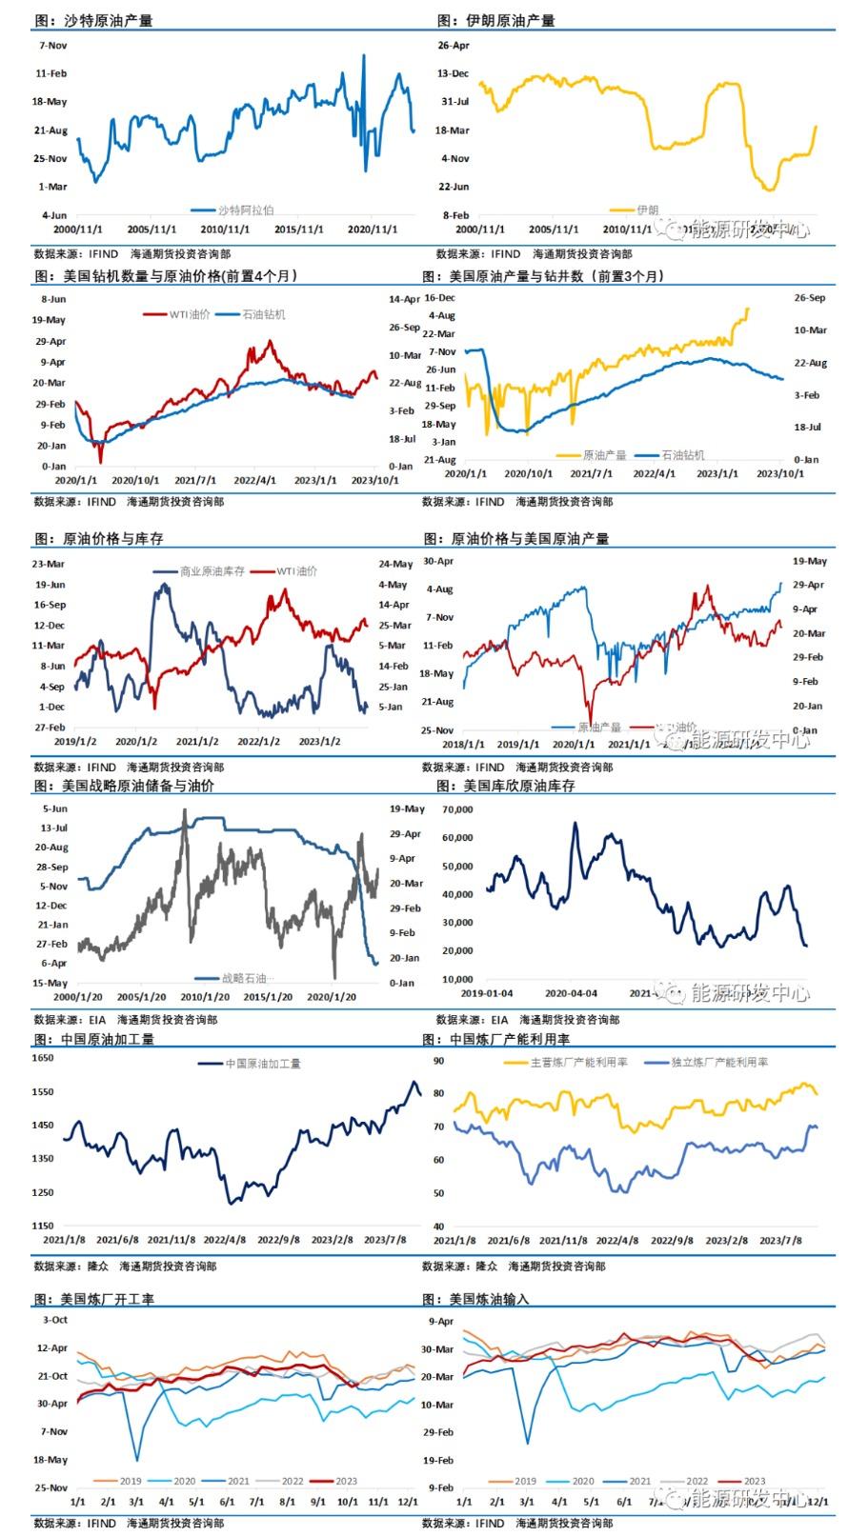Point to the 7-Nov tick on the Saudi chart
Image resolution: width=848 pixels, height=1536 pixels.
click(x=52, y=45)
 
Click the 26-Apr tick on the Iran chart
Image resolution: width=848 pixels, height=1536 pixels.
click(x=454, y=45)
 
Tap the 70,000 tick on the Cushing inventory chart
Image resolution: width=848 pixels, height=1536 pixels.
click(x=457, y=809)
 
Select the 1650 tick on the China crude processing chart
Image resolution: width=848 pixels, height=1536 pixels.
click(x=43, y=1058)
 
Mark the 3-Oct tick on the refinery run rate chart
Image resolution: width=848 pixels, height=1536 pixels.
click(x=55, y=1320)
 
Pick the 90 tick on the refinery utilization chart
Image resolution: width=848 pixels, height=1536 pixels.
click(x=438, y=1060)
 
